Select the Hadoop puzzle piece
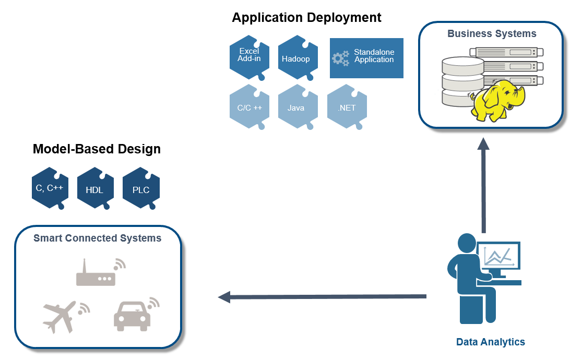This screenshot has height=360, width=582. point(298,57)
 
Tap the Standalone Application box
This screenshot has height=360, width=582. point(366,58)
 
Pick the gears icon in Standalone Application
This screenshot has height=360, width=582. point(340,58)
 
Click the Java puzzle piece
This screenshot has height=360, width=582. point(298,107)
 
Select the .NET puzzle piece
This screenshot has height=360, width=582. point(347,107)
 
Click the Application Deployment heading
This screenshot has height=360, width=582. point(306,17)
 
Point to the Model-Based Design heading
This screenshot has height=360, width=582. point(97,149)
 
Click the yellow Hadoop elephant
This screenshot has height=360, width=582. point(497,101)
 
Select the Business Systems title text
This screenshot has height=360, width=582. point(492,33)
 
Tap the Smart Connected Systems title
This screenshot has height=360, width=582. point(97,238)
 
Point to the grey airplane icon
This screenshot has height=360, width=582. point(65,316)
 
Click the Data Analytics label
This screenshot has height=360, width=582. point(490,342)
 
